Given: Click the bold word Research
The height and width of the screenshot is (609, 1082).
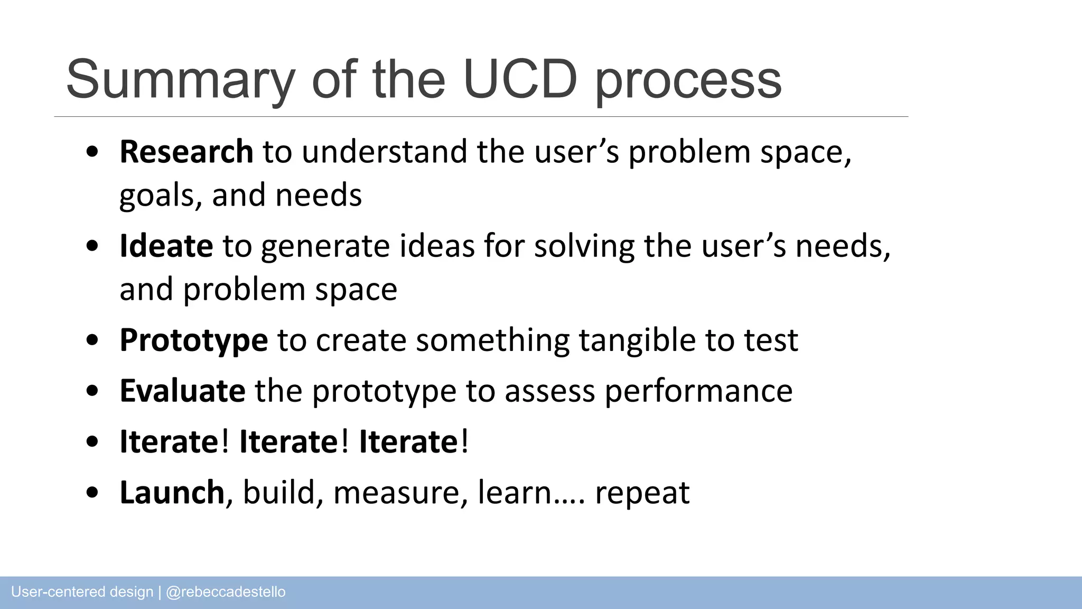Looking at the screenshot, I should click(x=186, y=152).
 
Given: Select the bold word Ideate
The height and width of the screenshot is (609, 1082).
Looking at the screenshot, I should click(x=166, y=246).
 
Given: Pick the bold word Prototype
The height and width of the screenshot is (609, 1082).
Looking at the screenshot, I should click(x=194, y=340).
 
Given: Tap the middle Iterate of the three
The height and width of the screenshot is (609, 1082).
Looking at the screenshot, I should click(x=288, y=441).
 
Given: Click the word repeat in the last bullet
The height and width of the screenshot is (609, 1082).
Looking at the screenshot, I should click(x=642, y=493).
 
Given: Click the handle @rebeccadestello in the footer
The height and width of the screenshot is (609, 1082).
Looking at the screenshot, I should click(x=226, y=592).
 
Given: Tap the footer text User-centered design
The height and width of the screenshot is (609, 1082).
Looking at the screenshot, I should click(x=82, y=592).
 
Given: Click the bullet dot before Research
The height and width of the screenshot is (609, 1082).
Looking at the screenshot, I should click(x=92, y=153).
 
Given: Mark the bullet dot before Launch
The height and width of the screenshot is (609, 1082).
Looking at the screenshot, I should click(x=92, y=493).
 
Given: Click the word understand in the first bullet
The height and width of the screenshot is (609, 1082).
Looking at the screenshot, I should click(x=385, y=152).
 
